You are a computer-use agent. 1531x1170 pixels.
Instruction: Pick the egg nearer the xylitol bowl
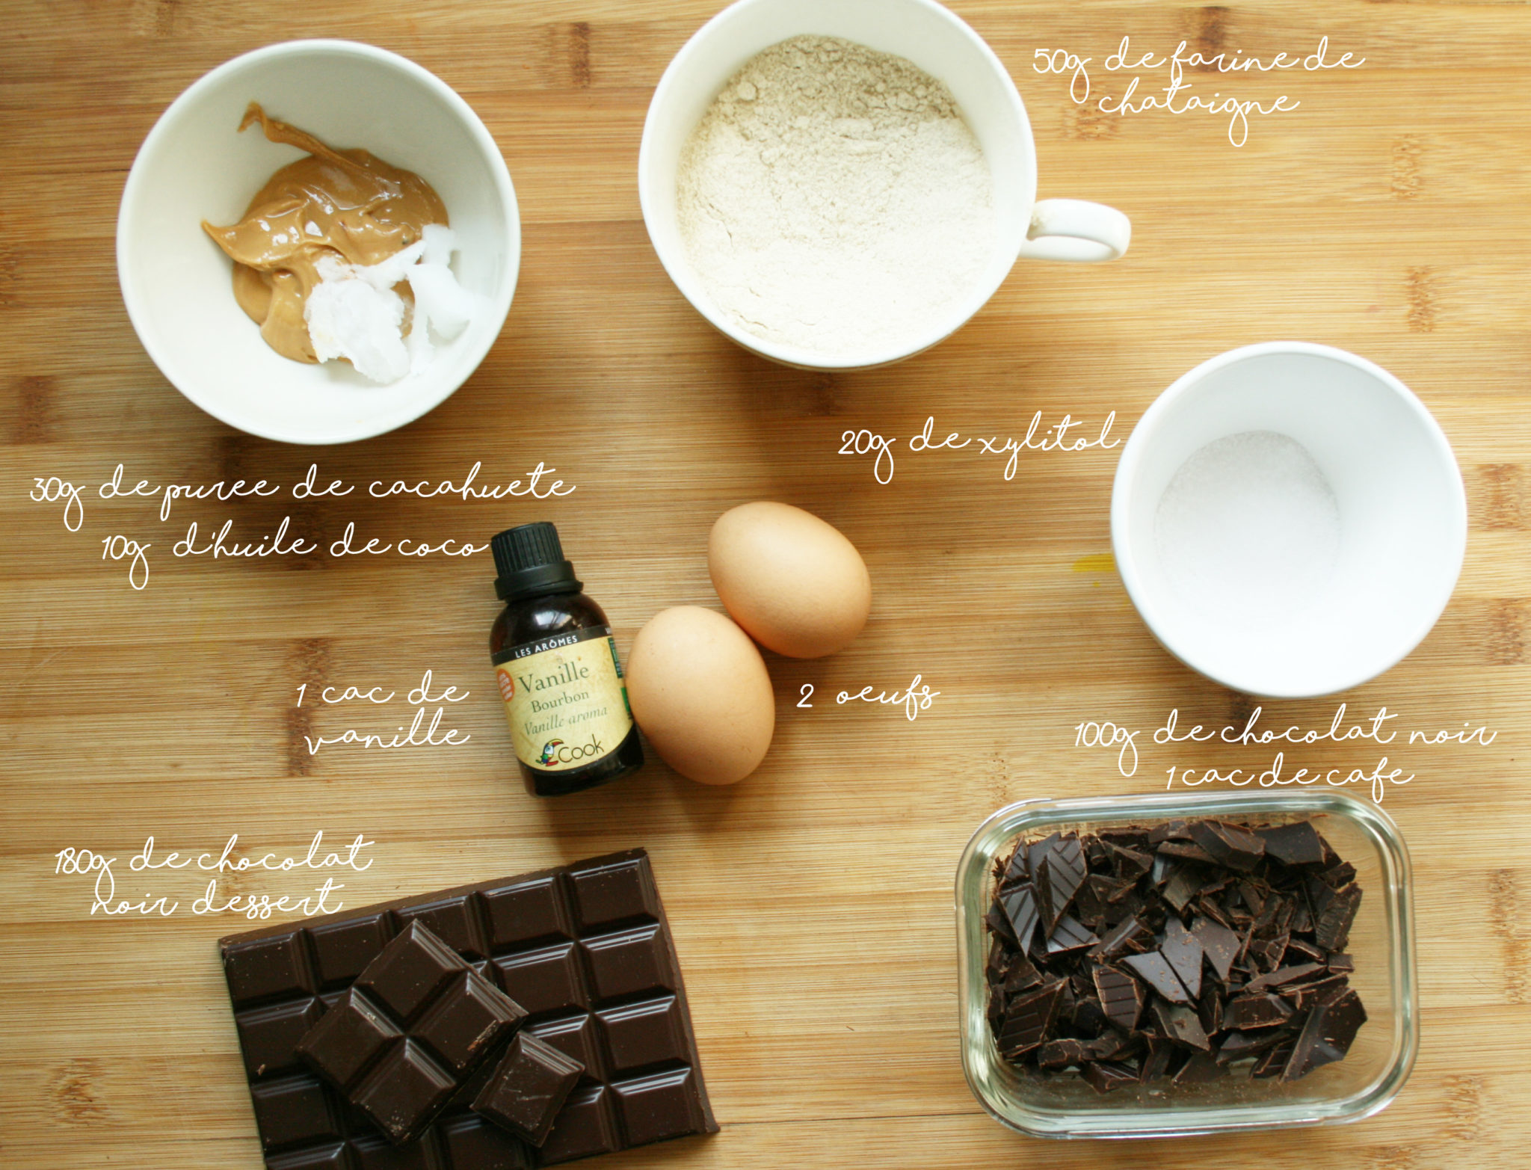click(x=789, y=578)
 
